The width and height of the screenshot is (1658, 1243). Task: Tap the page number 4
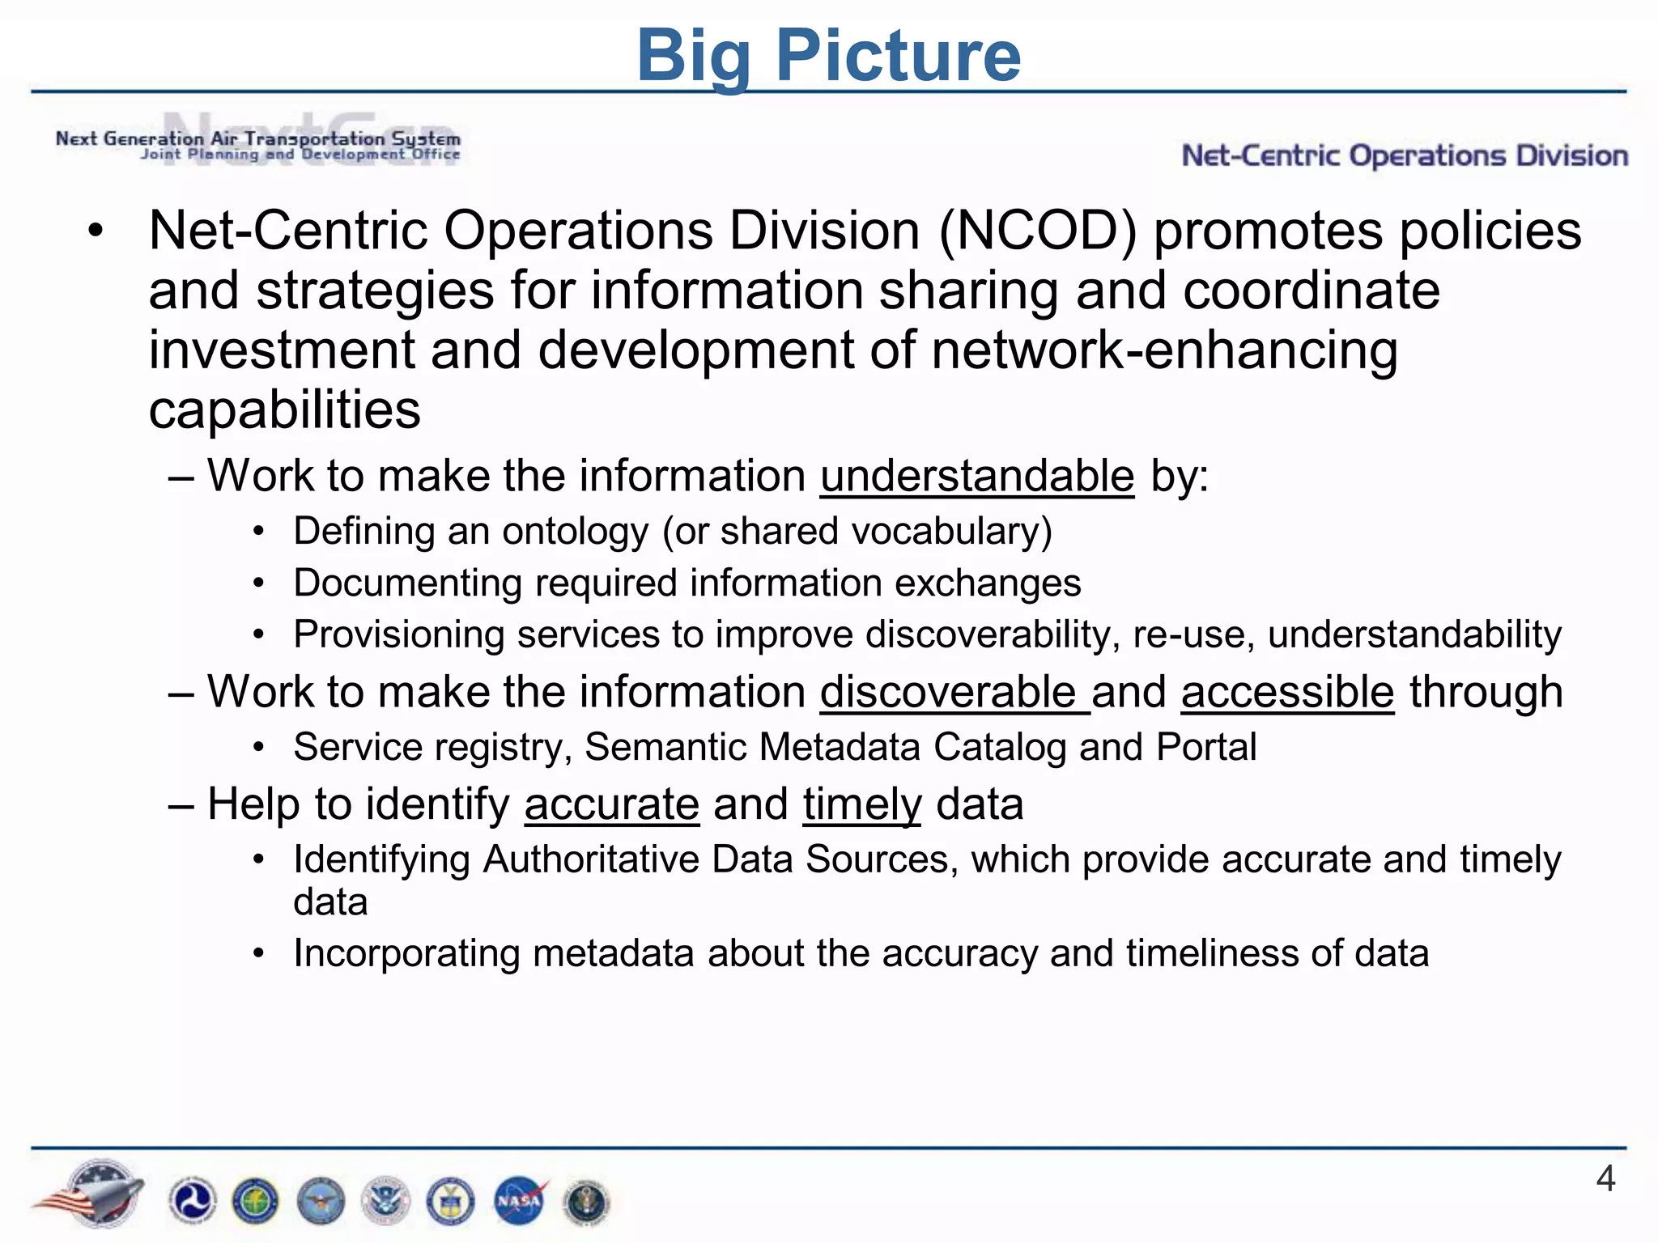(x=1605, y=1178)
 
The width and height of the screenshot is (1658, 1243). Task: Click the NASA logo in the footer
(x=520, y=1200)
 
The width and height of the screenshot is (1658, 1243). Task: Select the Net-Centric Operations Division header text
(x=1405, y=155)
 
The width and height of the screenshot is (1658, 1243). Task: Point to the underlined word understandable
(x=976, y=475)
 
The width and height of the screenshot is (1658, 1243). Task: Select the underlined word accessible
(x=1287, y=692)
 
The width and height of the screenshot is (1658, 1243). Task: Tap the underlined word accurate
(x=611, y=804)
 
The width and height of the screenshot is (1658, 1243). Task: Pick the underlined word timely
(x=862, y=804)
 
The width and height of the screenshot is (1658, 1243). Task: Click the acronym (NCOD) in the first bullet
(x=1038, y=231)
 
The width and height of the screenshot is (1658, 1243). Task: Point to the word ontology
(x=575, y=532)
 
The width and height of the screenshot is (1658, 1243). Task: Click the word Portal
(x=1206, y=747)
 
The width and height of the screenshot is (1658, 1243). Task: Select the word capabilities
(x=284, y=410)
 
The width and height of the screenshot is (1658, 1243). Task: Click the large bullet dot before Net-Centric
(x=96, y=231)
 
